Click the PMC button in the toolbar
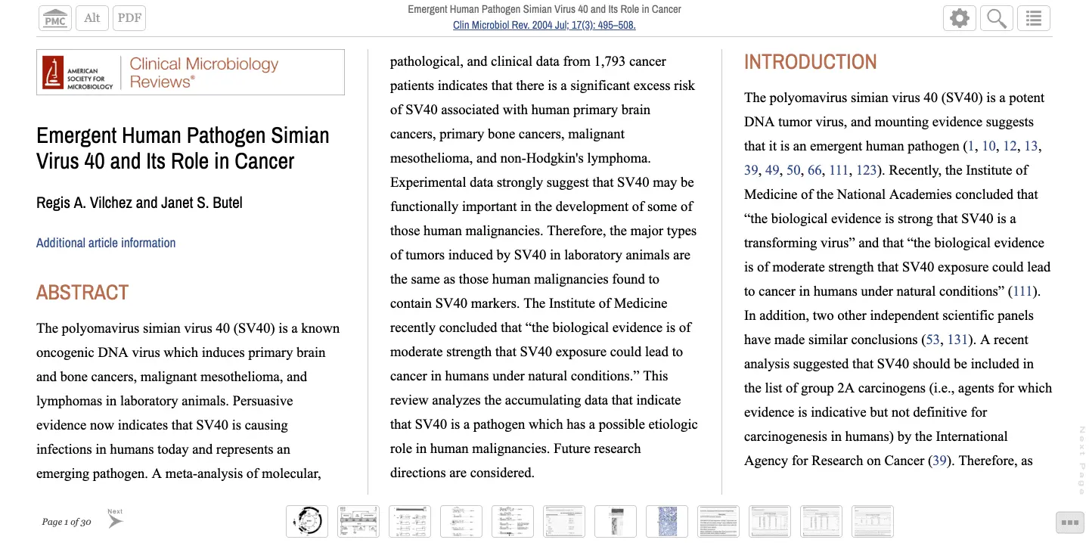point(55,18)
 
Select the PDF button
point(129,18)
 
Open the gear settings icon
point(960,18)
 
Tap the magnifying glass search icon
point(997,18)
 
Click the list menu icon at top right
point(1034,18)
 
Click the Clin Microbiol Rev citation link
point(544,25)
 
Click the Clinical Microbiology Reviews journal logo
point(191,73)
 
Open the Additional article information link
point(106,243)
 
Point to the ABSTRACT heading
point(82,293)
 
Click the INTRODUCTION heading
point(810,62)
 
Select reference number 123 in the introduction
point(866,170)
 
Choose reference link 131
point(957,340)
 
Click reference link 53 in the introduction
point(932,340)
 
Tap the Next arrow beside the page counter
point(115,520)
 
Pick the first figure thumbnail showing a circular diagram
point(307,521)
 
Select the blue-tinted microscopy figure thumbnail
point(667,521)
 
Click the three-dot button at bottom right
point(1069,522)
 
